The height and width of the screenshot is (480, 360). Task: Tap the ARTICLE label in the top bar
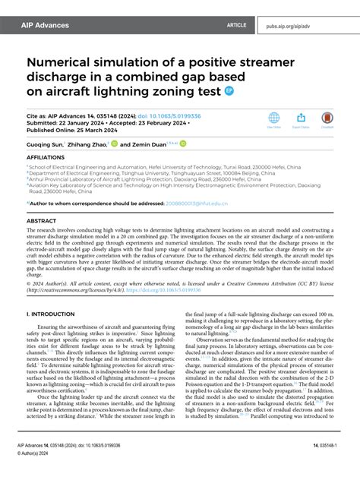click(x=237, y=25)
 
